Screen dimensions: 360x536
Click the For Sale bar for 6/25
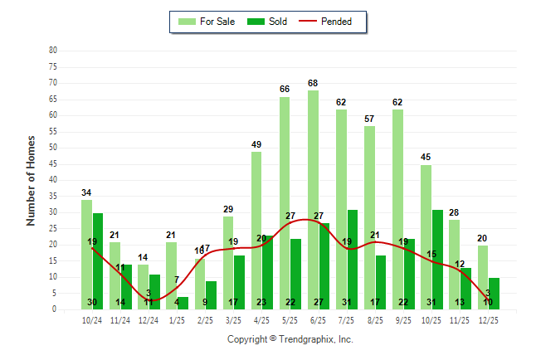[x=313, y=199]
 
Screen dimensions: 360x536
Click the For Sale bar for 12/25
[x=483, y=277]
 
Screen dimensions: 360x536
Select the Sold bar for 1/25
[x=183, y=303]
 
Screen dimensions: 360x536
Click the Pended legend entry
[x=332, y=22]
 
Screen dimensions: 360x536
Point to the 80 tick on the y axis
[x=53, y=50]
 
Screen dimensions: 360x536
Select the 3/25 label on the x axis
[x=233, y=319]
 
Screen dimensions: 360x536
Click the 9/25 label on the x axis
[x=403, y=319]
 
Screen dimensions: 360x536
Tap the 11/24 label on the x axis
[x=120, y=319]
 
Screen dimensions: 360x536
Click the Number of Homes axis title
[x=32, y=180]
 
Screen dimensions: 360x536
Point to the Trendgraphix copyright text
[x=290, y=339]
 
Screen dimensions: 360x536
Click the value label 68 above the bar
[x=313, y=83]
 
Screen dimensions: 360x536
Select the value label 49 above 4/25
[x=256, y=144]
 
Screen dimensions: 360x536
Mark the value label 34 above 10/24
[x=86, y=193]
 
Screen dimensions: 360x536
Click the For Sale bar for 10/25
[x=426, y=236]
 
